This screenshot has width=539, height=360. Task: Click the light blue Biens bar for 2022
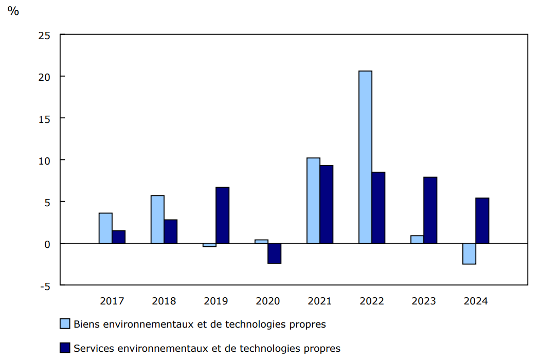(x=365, y=157)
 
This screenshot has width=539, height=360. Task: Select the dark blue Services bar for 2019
(x=222, y=215)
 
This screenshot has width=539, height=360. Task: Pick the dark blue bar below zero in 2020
(x=274, y=254)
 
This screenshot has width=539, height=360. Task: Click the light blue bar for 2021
(x=313, y=201)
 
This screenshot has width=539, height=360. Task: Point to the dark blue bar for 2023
(x=430, y=210)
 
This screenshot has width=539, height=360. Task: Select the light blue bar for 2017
(x=105, y=228)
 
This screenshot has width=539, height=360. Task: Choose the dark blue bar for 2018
(x=170, y=231)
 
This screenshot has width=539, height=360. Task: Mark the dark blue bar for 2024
(x=482, y=220)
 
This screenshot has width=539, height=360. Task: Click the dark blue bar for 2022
(x=378, y=207)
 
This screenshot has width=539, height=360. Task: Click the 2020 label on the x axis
(x=267, y=301)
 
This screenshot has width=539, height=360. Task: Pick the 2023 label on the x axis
(x=424, y=301)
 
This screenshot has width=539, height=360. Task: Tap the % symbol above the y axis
(x=13, y=11)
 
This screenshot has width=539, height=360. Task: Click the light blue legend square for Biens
(x=65, y=324)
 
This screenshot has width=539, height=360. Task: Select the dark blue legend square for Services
(x=65, y=348)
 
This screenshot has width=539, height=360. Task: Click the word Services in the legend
(x=94, y=348)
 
